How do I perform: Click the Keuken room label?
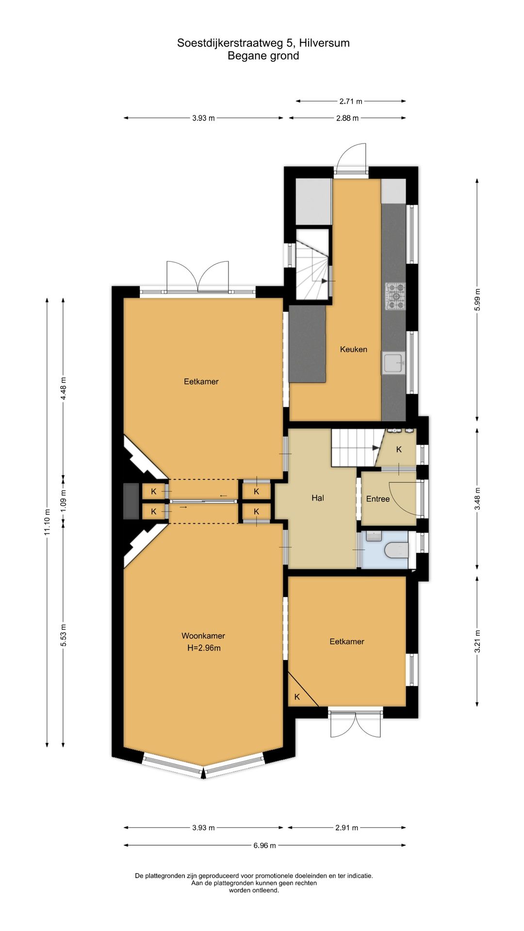[353, 349]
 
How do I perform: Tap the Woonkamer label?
[203, 636]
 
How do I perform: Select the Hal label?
[318, 498]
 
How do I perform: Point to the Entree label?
[378, 499]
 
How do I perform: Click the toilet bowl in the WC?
[396, 550]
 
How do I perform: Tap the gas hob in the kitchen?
[395, 296]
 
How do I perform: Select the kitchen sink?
[393, 363]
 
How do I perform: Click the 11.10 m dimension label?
[47, 522]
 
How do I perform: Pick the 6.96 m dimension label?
[264, 846]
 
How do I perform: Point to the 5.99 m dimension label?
[477, 300]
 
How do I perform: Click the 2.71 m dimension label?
[351, 101]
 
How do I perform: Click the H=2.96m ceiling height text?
[204, 648]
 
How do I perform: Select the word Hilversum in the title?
[324, 43]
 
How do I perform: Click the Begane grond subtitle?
[263, 56]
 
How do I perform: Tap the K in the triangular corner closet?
[297, 697]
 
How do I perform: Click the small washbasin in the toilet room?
[374, 536]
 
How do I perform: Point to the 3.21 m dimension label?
[477, 641]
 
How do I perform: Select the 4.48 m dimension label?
[63, 388]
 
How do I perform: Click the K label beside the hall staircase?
[399, 449]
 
